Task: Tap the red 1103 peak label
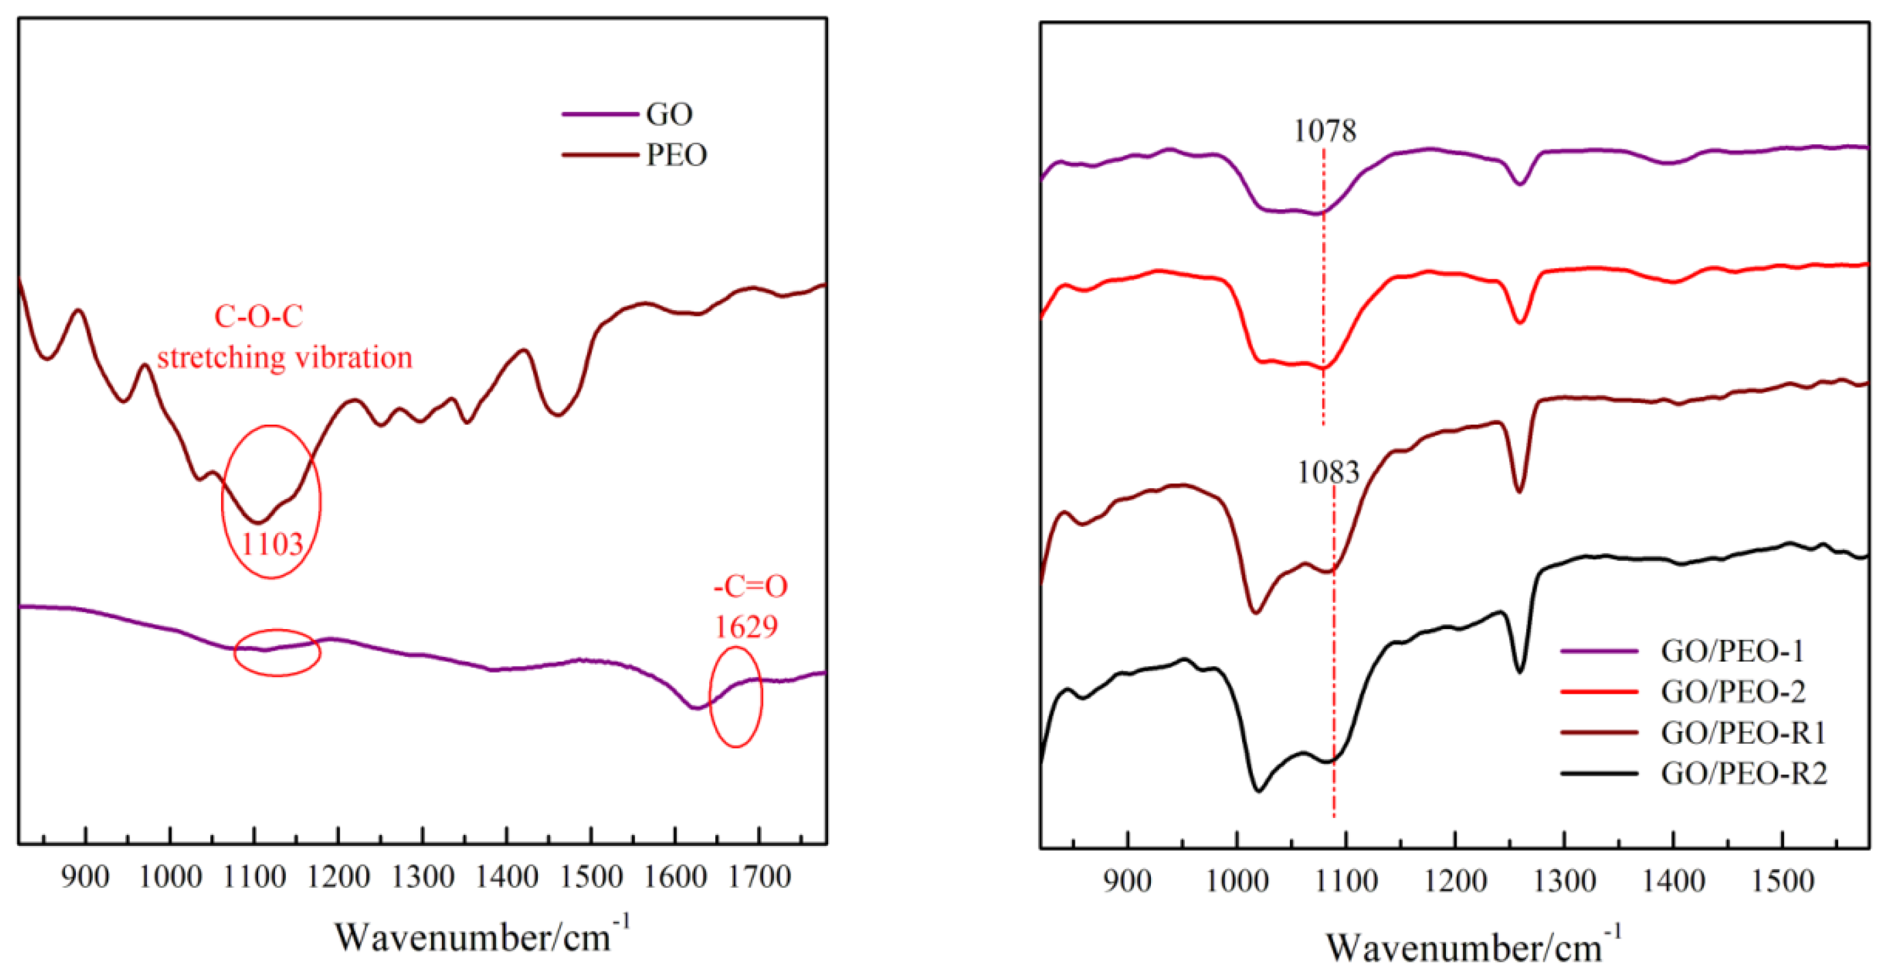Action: pos(272,544)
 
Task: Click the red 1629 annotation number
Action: pos(745,626)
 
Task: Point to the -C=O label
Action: pos(750,586)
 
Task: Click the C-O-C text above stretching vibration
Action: pos(258,316)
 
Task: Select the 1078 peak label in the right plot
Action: pos(1324,131)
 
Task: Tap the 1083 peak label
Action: pos(1328,472)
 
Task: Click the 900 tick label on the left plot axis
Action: pos(86,877)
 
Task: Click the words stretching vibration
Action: pos(285,358)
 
